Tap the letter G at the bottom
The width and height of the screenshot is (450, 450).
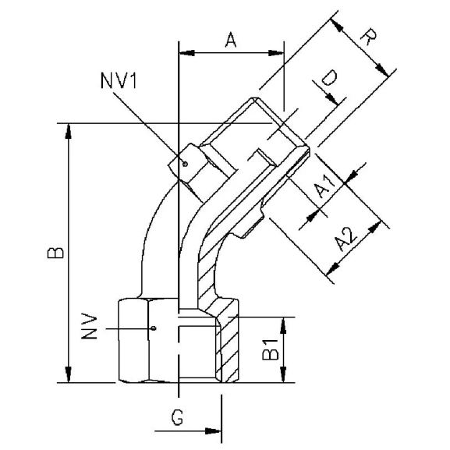pos(177,419)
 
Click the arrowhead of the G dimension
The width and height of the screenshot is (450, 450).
pos(216,431)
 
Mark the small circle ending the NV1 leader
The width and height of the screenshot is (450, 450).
pos(185,164)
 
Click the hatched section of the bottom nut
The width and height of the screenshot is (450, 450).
pos(228,343)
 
